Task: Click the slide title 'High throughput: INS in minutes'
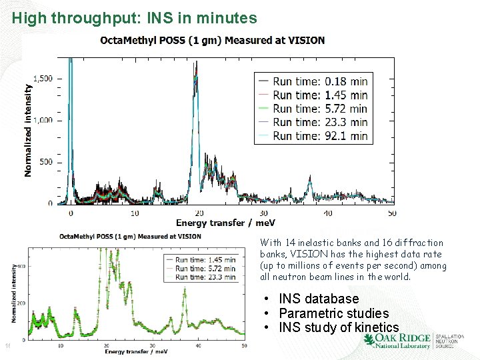pos(134,18)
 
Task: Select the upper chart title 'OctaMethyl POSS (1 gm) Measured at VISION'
pos(213,40)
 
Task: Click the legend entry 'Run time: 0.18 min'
pos(320,81)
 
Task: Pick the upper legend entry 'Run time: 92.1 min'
pos(320,135)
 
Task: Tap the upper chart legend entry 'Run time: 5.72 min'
pos(320,108)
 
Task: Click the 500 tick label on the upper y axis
pos(45,162)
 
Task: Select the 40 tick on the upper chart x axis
pos(327,213)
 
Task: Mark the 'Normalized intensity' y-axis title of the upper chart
pos(28,130)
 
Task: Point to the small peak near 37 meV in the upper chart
pos(309,181)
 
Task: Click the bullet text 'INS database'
pos(319,299)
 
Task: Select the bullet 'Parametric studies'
pos(333,313)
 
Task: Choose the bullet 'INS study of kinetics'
pos(339,327)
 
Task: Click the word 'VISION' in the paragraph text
pos(309,254)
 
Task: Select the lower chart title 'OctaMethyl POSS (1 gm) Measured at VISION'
pos(130,235)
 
